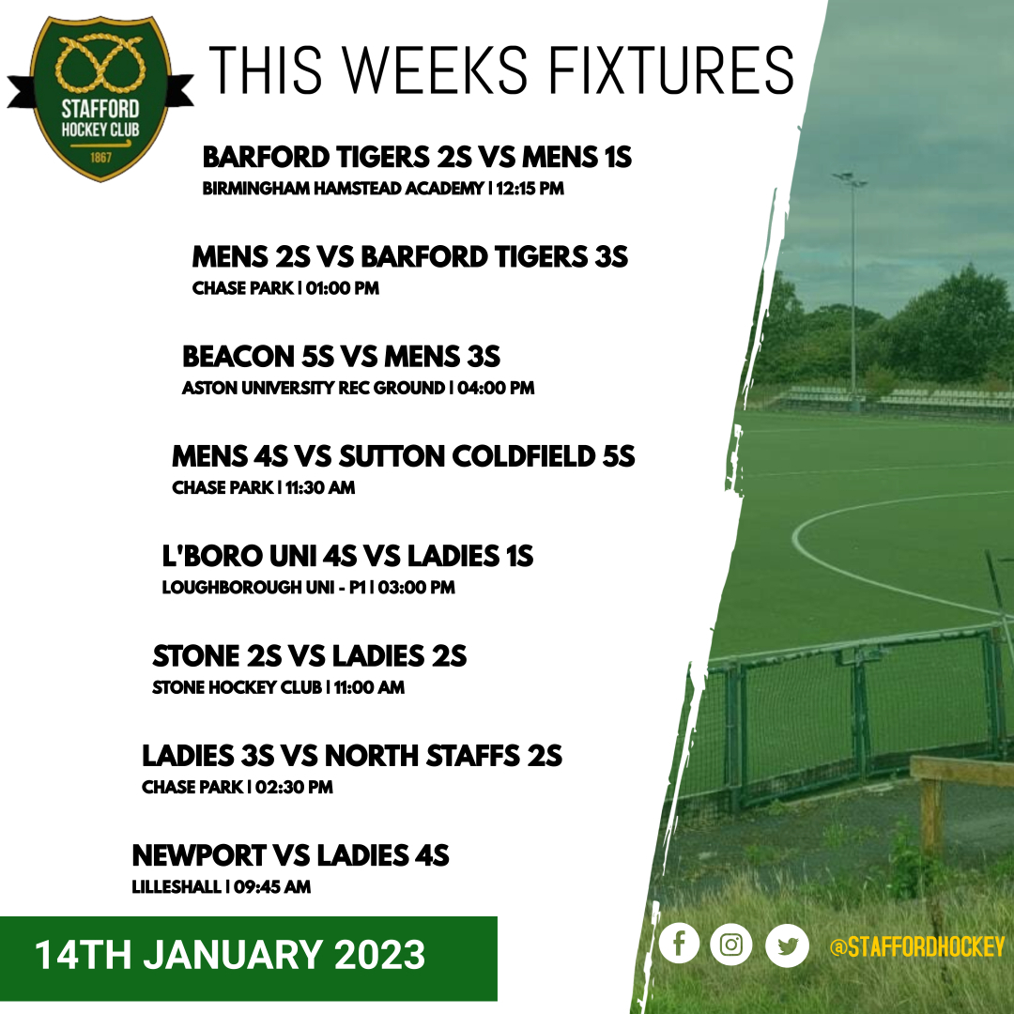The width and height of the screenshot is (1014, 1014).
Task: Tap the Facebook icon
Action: click(x=679, y=945)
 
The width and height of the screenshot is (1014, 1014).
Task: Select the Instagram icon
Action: click(x=731, y=945)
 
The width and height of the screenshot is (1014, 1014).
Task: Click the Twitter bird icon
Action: click(x=787, y=945)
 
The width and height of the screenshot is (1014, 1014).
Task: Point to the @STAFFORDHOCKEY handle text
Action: click(x=916, y=947)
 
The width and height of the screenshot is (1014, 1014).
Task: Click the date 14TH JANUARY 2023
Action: click(x=230, y=956)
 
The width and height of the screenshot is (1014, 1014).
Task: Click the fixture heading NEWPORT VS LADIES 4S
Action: click(x=291, y=855)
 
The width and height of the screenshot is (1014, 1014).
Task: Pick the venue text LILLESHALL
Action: click(x=176, y=886)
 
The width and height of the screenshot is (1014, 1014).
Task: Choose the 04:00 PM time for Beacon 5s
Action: click(x=497, y=388)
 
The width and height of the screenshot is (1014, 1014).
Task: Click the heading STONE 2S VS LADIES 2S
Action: click(x=310, y=655)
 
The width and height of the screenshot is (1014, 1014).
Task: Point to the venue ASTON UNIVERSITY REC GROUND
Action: click(x=314, y=388)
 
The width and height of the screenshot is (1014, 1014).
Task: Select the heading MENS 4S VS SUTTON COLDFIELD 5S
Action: click(x=404, y=456)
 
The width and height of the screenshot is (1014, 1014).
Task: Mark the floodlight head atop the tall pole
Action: click(x=850, y=177)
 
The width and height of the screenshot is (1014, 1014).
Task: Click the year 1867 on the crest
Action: click(x=100, y=157)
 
